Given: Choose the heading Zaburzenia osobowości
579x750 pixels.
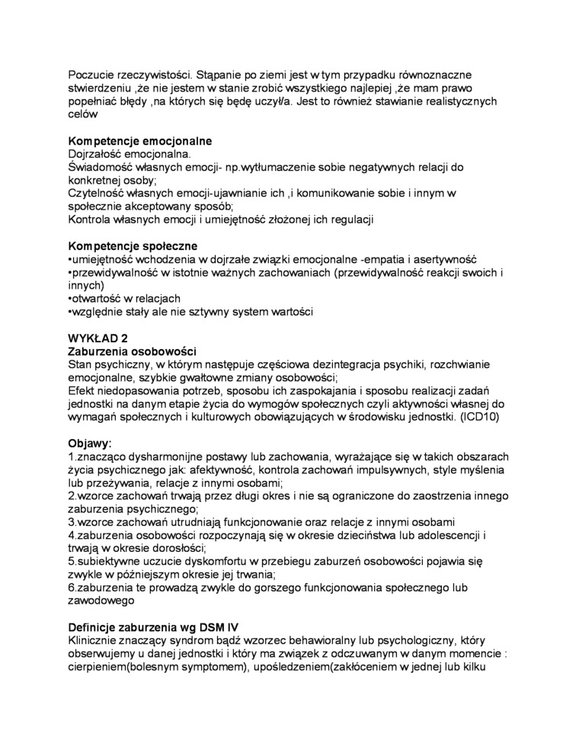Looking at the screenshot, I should tap(133, 351).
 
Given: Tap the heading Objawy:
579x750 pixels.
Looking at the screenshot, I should tap(90, 443).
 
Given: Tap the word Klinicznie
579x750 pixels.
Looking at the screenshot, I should tap(95, 639).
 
